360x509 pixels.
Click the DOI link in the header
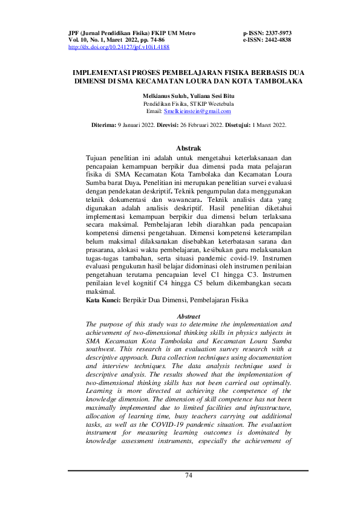click(119, 47)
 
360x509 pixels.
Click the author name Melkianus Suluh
click(165, 96)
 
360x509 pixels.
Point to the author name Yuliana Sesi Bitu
click(211, 96)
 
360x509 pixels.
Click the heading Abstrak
click(188, 148)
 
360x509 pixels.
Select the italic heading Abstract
click(188, 316)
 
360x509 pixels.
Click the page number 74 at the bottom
click(188, 475)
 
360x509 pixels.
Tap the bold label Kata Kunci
click(103, 300)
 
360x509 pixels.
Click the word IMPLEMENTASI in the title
click(100, 71)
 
